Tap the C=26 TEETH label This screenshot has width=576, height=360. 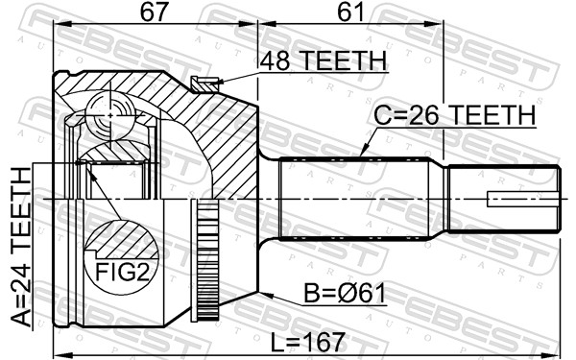tap(454, 115)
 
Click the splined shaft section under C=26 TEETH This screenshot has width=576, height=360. tap(355, 200)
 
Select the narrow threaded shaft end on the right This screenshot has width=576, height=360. tap(501, 200)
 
